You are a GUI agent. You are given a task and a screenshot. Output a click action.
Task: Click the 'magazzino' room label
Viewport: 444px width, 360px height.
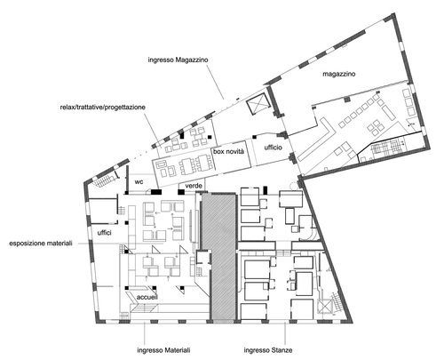[x=338, y=74]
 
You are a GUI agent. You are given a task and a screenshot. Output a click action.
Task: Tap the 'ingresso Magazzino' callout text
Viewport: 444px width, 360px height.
[x=178, y=60]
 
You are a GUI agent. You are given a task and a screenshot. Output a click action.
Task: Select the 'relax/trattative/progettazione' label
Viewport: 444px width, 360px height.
[x=103, y=108]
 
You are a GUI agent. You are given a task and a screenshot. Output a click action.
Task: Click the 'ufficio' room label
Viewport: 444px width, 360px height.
[x=273, y=148]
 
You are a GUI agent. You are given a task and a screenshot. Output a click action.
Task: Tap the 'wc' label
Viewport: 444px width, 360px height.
[x=139, y=181]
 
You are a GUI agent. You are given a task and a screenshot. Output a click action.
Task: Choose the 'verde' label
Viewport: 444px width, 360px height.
[x=194, y=186]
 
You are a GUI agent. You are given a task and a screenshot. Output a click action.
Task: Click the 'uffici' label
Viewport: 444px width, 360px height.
[x=104, y=233]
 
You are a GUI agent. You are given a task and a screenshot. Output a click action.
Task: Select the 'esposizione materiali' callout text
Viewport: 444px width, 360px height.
[x=41, y=244]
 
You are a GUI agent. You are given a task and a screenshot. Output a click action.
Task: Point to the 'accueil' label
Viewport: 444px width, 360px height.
[x=147, y=297]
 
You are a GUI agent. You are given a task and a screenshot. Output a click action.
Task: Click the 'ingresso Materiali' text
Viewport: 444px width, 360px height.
[x=163, y=350]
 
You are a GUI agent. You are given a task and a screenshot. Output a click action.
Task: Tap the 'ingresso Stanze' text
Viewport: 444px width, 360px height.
[x=268, y=350]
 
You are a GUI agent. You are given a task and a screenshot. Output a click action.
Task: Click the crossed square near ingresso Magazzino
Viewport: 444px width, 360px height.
[x=258, y=104]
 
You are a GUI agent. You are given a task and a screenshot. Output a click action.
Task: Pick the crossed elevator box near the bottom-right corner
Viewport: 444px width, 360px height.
[x=324, y=307]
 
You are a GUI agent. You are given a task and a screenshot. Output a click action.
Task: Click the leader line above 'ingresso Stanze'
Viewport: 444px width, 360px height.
[x=285, y=333]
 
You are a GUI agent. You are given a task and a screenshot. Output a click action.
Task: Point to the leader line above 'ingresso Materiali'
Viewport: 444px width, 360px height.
[x=144, y=333]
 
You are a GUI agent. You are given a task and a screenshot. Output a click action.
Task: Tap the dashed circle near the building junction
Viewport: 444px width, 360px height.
[x=295, y=186]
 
